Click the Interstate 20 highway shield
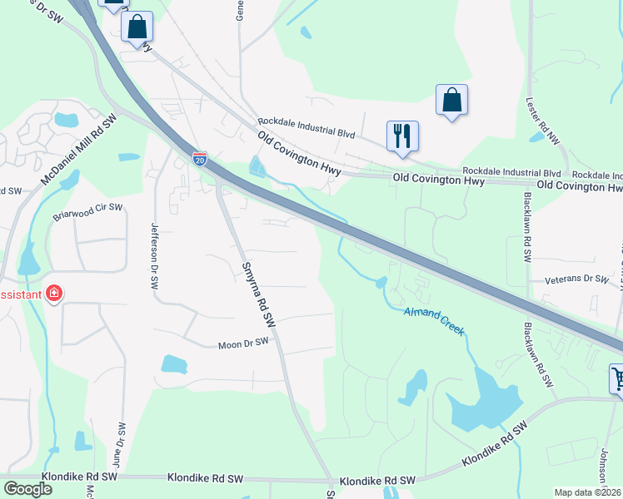(200, 159)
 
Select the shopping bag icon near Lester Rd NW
(451, 100)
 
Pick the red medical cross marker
(54, 294)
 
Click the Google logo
(27, 489)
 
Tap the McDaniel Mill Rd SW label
(81, 151)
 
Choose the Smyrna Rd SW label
(258, 292)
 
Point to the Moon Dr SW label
(244, 343)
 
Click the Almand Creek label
(434, 323)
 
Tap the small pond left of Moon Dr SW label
(174, 363)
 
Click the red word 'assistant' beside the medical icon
(20, 294)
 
